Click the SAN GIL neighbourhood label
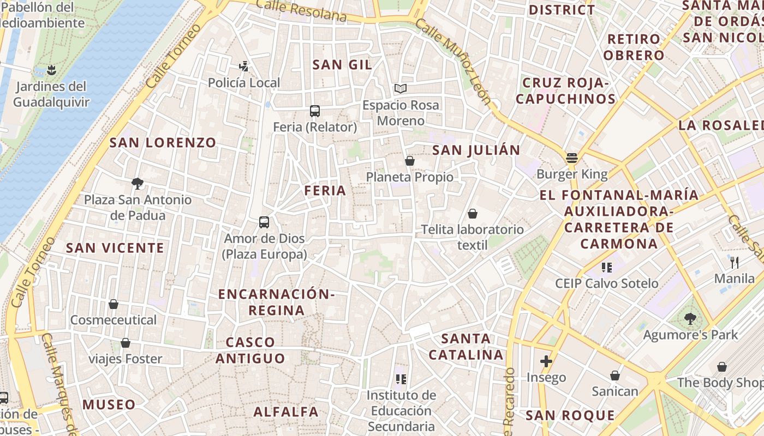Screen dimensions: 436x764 click(342, 65)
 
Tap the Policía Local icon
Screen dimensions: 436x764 click(244, 66)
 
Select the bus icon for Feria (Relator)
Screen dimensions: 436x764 click(315, 111)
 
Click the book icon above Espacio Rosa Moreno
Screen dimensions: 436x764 click(401, 88)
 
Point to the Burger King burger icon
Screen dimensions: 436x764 click(572, 158)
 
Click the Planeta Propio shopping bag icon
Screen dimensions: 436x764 click(410, 161)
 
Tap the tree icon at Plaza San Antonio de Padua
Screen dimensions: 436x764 click(138, 183)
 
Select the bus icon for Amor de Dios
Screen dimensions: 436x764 click(264, 222)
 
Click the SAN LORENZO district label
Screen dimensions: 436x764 click(163, 143)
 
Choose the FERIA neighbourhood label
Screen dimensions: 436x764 click(325, 191)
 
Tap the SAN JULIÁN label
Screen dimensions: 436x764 click(476, 150)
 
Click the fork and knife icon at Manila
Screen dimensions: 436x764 click(735, 262)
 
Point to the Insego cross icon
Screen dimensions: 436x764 click(546, 361)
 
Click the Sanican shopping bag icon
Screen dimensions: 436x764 click(615, 376)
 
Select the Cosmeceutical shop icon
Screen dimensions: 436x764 click(114, 304)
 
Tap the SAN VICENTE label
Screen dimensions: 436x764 click(115, 248)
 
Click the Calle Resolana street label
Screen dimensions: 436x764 click(301, 10)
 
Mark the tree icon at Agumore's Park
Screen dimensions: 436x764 click(690, 318)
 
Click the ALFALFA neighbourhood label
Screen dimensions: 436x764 click(286, 411)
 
